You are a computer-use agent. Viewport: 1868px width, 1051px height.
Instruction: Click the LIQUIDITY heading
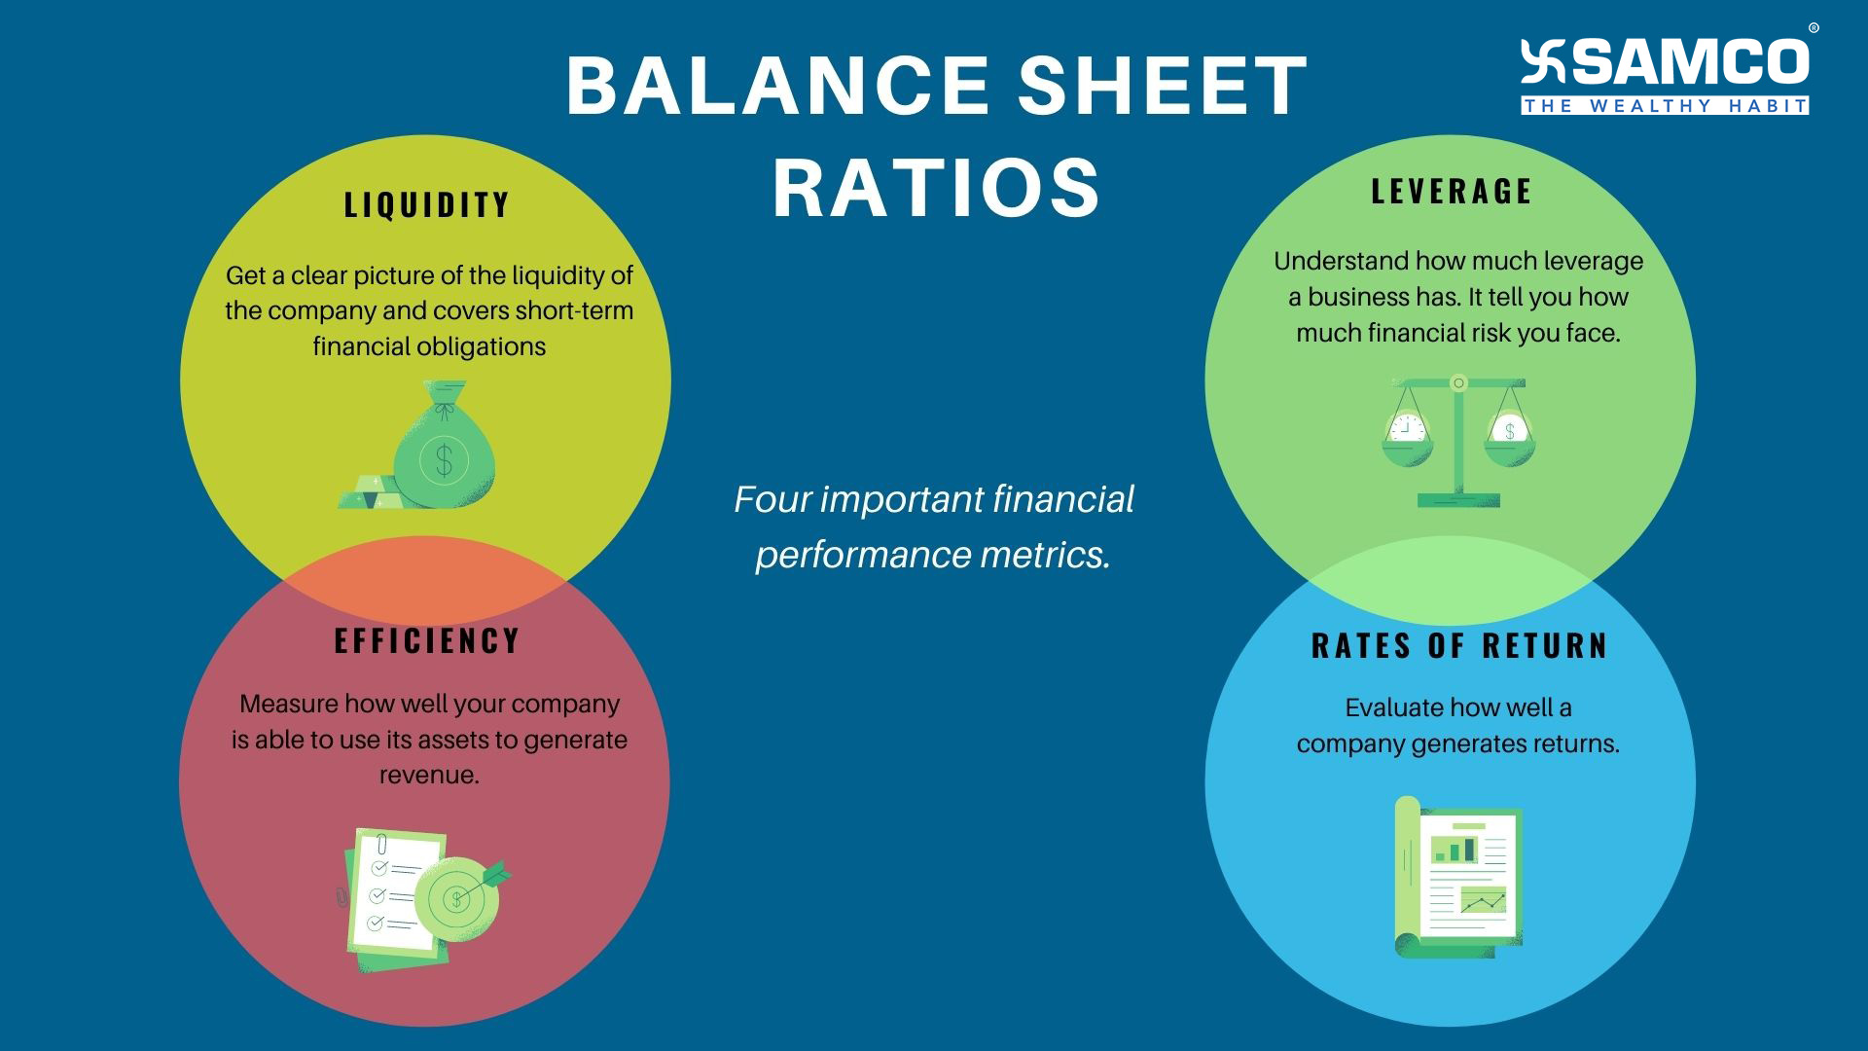coord(427,204)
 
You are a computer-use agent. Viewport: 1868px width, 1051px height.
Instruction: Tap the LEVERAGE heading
coord(1451,191)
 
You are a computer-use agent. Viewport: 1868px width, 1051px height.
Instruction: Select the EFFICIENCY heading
coord(427,640)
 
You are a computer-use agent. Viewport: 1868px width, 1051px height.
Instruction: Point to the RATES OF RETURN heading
coord(1459,645)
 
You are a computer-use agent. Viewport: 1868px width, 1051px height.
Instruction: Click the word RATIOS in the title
coord(937,187)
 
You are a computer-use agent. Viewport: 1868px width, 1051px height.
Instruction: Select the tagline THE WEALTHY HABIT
coord(1665,106)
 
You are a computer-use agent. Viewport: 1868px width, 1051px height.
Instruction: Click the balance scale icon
coord(1457,441)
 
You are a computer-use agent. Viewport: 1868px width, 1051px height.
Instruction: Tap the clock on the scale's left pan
coord(1407,428)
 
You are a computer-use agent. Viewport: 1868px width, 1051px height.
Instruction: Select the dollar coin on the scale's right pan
coord(1509,429)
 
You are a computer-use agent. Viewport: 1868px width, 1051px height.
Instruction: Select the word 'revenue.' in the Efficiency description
coord(429,776)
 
